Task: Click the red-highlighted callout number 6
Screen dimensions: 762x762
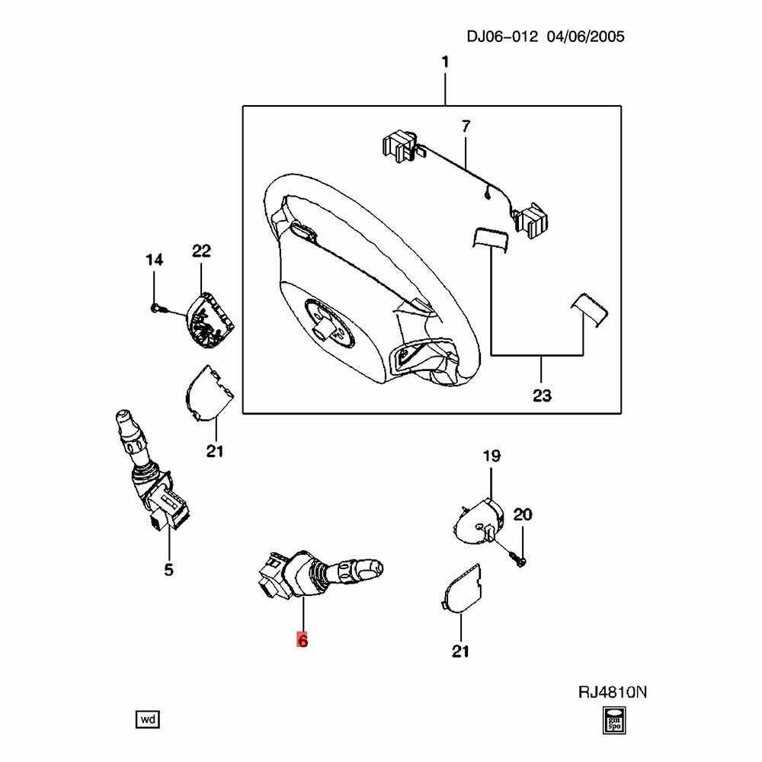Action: point(302,641)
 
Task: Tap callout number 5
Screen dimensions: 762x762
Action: point(169,568)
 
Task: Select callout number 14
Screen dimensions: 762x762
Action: point(154,261)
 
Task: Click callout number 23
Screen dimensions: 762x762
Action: point(542,395)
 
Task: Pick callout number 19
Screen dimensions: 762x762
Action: point(491,456)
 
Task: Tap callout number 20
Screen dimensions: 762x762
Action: point(523,514)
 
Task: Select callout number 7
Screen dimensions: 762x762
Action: point(466,125)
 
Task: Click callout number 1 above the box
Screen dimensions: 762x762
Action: point(445,62)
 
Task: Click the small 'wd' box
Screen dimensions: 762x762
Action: point(148,719)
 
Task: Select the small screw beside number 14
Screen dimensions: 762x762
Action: point(155,308)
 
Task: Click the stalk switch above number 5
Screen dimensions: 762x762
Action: point(149,472)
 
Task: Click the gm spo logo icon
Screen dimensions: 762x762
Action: point(613,719)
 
